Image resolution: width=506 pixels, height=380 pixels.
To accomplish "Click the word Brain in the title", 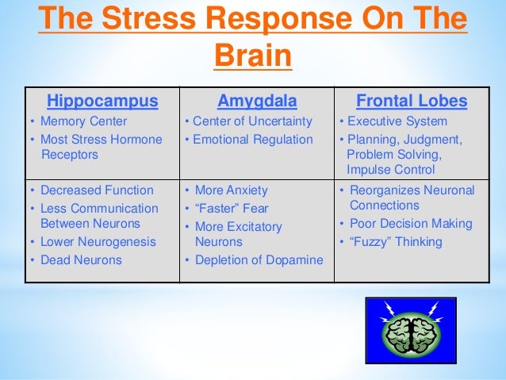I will pos(252,57).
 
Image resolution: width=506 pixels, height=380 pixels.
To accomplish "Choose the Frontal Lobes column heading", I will pos(412,102).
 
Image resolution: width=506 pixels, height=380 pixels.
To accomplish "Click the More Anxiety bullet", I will pos(231,190).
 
